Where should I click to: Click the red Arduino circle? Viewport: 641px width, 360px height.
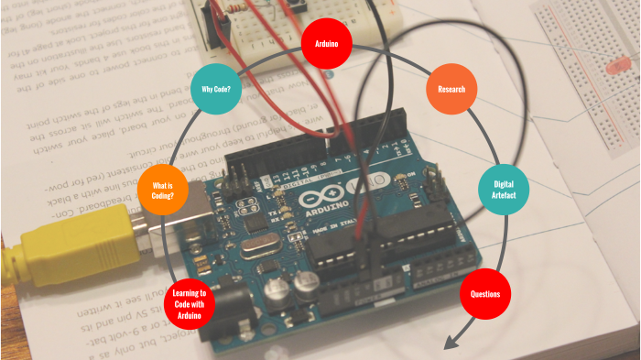327,43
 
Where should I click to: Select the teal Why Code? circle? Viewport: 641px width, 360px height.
215,90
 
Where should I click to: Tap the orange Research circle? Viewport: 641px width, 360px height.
451,89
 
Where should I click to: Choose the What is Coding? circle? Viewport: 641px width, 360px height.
162,190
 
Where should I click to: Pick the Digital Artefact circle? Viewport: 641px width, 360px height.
504,190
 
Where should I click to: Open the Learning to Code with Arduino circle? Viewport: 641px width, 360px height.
190,304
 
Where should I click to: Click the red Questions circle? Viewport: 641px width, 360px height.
484,294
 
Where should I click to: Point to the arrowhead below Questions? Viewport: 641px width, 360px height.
449,344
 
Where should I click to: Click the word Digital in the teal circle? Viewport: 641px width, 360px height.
504,184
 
